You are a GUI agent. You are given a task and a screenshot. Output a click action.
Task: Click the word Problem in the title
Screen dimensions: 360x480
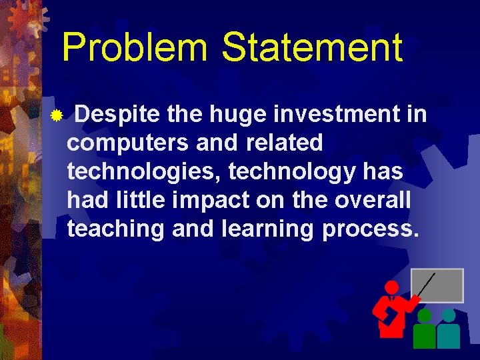(x=135, y=49)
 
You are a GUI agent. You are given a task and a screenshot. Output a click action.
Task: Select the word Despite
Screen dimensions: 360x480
(x=117, y=115)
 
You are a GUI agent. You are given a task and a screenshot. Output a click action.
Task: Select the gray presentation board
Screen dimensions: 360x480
(x=437, y=285)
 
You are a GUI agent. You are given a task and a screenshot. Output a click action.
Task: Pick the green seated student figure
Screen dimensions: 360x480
(x=424, y=331)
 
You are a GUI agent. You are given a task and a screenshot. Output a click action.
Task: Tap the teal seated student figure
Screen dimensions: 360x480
(x=449, y=330)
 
